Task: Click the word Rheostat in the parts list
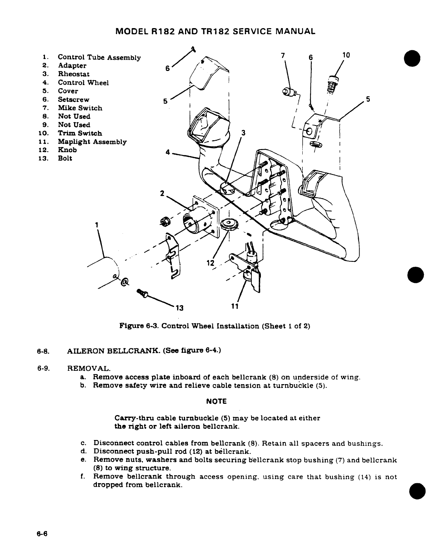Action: [x=73, y=74]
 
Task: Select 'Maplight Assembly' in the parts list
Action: [x=92, y=142]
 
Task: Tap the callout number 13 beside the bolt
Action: [x=179, y=308]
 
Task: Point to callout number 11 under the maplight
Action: [x=235, y=306]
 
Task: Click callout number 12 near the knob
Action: [x=210, y=263]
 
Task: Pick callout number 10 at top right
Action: [x=346, y=55]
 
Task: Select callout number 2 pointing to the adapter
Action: [x=162, y=194]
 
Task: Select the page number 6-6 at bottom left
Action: [x=42, y=534]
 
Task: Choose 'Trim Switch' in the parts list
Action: [x=80, y=133]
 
